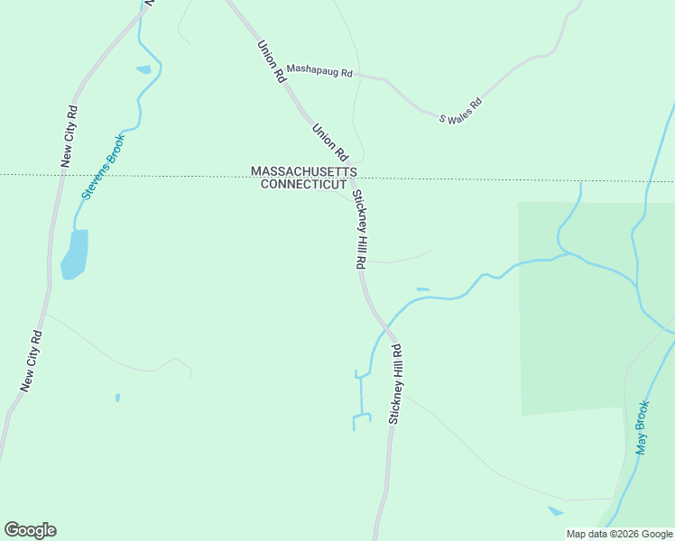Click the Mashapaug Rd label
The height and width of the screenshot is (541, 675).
319,72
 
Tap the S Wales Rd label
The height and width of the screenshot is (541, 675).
461,109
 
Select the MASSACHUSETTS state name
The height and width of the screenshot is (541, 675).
304,171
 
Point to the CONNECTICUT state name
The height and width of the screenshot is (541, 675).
303,184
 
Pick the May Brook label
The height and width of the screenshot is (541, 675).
642,427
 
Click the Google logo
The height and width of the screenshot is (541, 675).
30,530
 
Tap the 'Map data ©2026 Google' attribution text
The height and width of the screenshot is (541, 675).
619,534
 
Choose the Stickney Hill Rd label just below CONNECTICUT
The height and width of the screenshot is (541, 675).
358,230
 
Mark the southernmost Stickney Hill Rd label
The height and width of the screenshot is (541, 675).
394,383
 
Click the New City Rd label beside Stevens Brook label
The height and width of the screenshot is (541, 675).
69,137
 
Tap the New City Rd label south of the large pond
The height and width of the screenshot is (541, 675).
32,361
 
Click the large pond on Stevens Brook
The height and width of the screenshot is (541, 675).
75,253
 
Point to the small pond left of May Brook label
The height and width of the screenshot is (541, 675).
555,511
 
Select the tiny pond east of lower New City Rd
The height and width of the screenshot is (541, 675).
117,397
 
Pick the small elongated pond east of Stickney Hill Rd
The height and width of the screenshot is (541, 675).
422,289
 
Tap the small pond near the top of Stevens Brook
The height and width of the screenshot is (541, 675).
143,69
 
